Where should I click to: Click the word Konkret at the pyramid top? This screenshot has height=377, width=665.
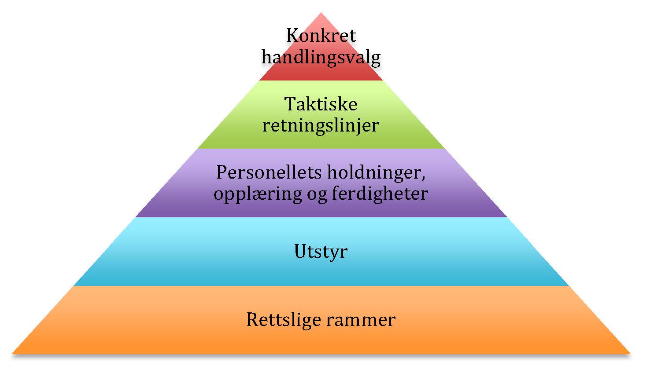321,36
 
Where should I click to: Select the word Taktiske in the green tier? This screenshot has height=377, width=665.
321,104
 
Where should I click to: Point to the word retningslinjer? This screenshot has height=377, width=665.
321,125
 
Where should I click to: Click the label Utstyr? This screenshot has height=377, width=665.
321,252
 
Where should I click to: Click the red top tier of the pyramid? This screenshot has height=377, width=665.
321,73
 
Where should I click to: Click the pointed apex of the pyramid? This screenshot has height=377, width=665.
321,15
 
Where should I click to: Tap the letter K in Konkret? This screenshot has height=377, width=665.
292,36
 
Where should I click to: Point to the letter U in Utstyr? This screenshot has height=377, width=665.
299,251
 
